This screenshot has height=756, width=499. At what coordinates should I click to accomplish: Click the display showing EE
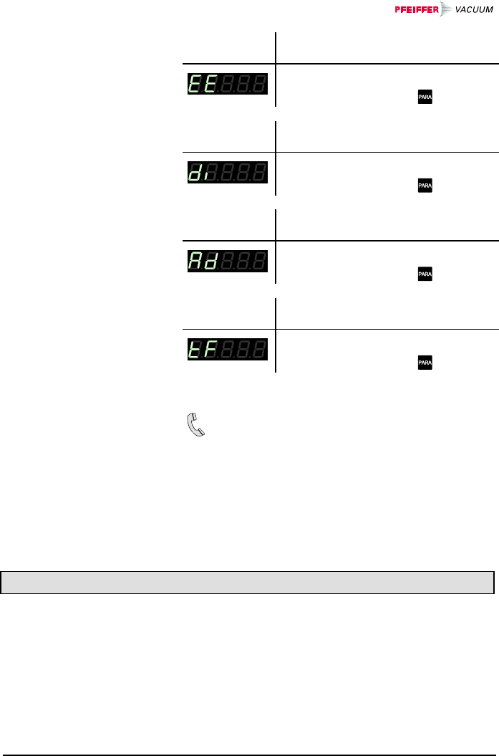click(x=228, y=83)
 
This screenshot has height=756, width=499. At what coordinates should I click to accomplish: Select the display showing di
click(x=228, y=172)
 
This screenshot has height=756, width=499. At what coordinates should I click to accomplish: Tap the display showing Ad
click(x=228, y=261)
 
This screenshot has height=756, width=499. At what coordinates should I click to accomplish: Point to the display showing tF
click(x=228, y=350)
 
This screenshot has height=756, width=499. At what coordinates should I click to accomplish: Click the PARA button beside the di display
click(x=425, y=186)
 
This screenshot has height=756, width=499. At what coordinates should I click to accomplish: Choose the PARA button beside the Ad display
click(x=425, y=274)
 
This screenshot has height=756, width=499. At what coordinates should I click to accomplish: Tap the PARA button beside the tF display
click(x=425, y=363)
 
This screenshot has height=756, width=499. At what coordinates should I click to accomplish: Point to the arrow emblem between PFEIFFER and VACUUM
click(x=445, y=9)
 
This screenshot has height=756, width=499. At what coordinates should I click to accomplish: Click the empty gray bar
click(x=248, y=583)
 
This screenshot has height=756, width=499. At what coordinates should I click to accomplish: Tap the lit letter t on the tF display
click(x=195, y=350)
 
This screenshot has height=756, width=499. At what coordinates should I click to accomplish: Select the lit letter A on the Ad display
click(x=195, y=261)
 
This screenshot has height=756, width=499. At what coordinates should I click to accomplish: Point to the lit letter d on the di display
click(x=195, y=173)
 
